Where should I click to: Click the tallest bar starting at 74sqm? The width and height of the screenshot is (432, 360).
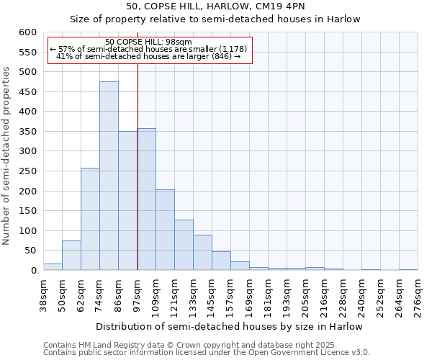[x=109, y=176]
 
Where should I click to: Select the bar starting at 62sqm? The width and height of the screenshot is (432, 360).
[x=90, y=220]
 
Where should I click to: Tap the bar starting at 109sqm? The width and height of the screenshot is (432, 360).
[x=165, y=230]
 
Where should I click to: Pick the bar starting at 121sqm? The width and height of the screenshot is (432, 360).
[x=184, y=245]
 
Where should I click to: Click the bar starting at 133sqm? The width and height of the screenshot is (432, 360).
[x=202, y=253]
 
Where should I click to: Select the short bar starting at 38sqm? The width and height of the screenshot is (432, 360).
[x=53, y=267]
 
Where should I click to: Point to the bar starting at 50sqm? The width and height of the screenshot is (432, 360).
[x=71, y=256]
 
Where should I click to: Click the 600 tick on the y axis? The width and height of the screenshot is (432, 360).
[x=27, y=32]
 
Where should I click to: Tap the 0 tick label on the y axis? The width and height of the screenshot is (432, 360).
[x=33, y=271]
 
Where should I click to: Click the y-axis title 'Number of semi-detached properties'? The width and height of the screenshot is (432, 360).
[x=7, y=155]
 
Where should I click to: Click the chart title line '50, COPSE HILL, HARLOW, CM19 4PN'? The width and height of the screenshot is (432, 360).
[x=215, y=6]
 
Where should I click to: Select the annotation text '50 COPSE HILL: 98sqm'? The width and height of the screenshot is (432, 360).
[x=148, y=42]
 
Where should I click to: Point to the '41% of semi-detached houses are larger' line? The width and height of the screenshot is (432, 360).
[x=148, y=55]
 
